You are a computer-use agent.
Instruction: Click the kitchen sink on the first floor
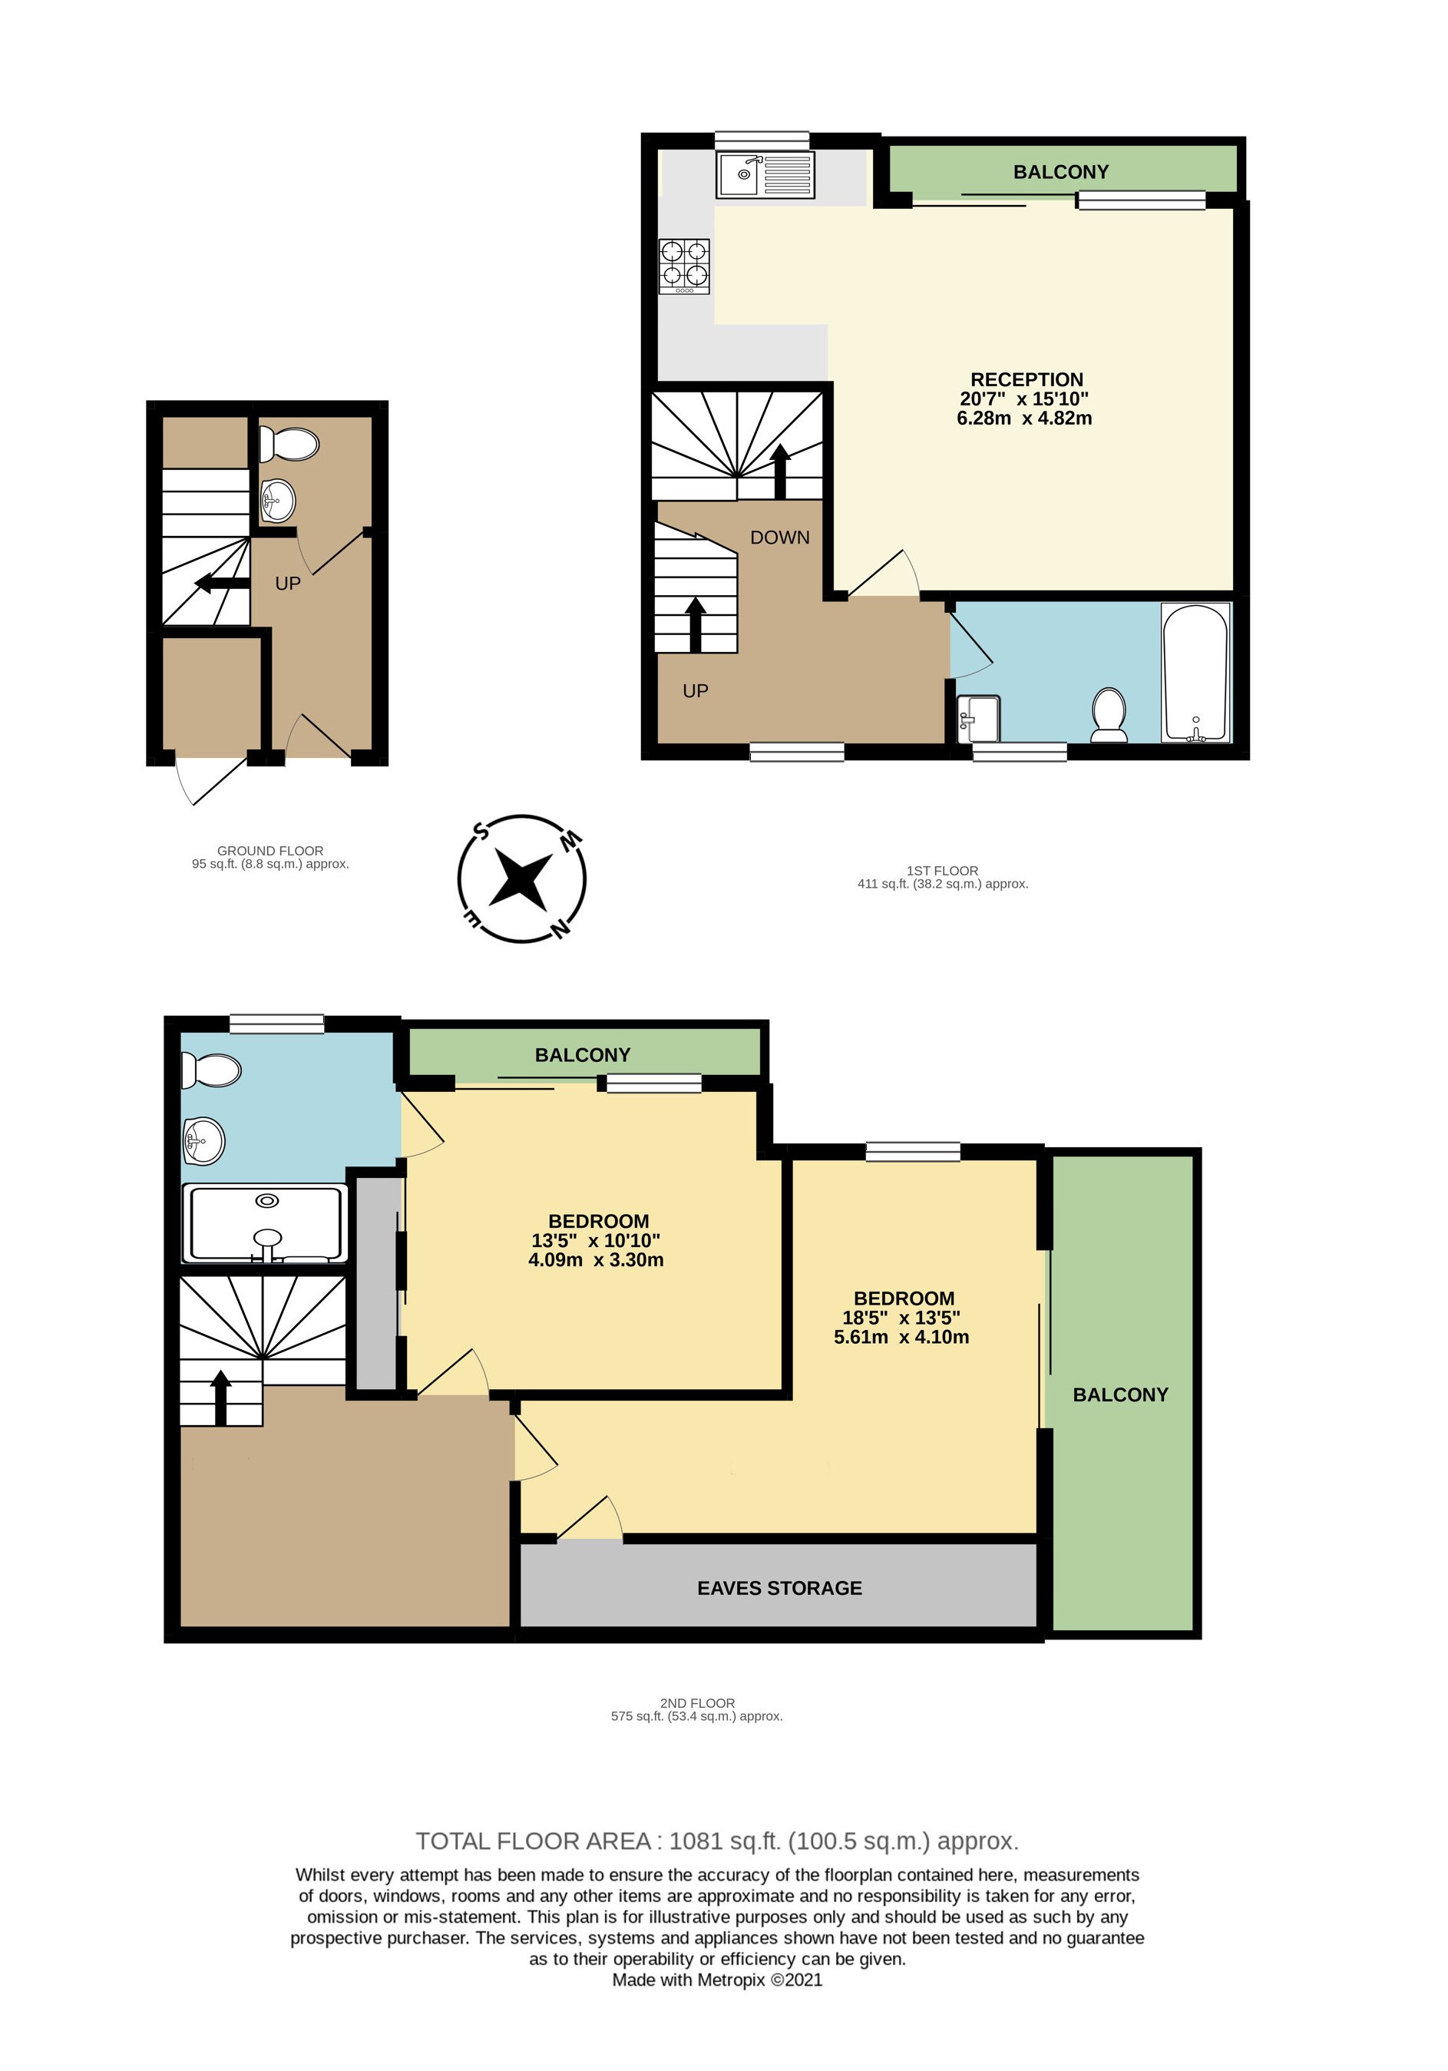click(766, 174)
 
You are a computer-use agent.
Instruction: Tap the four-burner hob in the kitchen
click(684, 266)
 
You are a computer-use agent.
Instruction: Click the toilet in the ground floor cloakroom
click(289, 444)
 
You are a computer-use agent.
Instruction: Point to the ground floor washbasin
click(278, 501)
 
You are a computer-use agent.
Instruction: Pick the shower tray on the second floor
click(265, 1223)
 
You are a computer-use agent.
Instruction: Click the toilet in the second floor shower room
click(211, 1070)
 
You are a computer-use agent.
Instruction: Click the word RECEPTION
click(1026, 380)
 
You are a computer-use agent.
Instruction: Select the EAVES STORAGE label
click(779, 1589)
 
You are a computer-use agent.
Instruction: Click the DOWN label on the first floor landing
click(780, 538)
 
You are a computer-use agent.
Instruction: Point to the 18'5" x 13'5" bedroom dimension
click(901, 1318)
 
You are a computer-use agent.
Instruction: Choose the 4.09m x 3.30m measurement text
click(596, 1260)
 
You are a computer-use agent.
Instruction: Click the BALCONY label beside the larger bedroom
click(1120, 1394)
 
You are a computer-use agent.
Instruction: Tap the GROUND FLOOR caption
click(269, 851)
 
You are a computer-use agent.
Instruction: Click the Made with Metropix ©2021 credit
click(717, 1980)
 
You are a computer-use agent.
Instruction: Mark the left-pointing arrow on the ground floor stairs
click(222, 584)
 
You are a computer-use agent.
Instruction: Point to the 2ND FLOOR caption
click(697, 1703)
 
